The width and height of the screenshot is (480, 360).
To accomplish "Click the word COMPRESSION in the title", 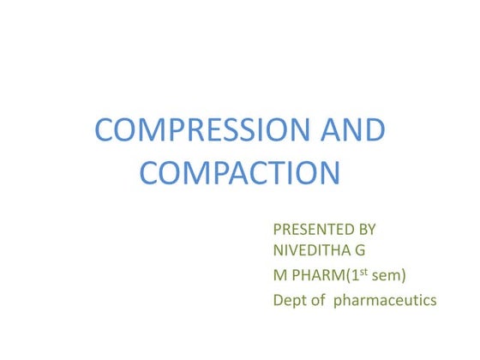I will click(201, 132).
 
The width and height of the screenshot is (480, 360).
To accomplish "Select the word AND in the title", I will click(353, 132).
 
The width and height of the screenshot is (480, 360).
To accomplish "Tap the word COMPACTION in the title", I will click(240, 172).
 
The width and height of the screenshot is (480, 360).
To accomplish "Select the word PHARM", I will click(313, 275).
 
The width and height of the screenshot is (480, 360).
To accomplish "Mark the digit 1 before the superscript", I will click(347, 275).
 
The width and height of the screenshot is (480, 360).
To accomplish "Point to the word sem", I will click(382, 276).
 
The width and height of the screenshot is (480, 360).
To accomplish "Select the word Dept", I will click(289, 301).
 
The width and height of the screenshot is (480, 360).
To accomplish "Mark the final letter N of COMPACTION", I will click(330, 172).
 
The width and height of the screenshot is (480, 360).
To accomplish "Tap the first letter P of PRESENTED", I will click(278, 230).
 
